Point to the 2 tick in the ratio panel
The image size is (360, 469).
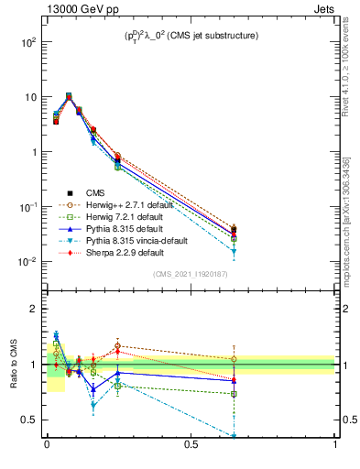pos(35,310)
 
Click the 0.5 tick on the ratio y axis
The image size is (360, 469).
pos(30,420)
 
